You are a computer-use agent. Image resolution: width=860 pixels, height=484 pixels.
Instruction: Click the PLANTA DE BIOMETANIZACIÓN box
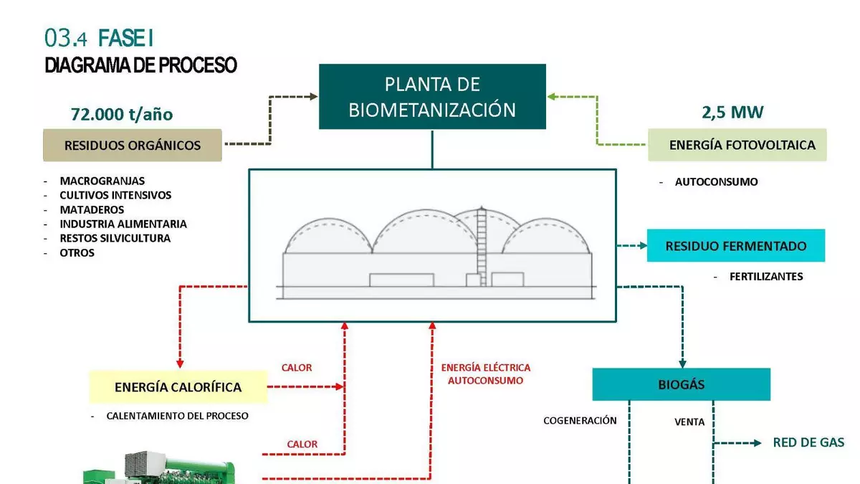click(x=432, y=97)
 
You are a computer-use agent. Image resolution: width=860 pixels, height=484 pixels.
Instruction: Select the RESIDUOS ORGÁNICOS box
click(x=133, y=146)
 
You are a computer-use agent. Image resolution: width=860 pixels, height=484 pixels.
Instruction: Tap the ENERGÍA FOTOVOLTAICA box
click(x=737, y=145)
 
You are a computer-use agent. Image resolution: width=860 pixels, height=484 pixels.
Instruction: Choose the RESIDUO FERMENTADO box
click(x=736, y=246)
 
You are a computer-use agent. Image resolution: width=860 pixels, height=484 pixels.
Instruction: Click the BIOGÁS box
click(x=681, y=384)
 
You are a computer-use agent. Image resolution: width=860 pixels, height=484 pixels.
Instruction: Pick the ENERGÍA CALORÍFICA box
click(x=178, y=387)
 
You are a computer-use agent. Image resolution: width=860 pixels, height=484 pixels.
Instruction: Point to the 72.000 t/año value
click(x=122, y=114)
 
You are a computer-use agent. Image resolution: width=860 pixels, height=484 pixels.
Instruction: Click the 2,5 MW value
click(x=732, y=112)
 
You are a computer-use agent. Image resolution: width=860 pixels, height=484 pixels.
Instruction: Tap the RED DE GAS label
click(x=808, y=442)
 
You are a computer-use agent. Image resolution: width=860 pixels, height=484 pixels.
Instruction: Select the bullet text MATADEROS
click(x=92, y=209)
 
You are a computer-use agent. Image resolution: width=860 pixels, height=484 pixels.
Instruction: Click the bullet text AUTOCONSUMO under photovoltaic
click(x=716, y=182)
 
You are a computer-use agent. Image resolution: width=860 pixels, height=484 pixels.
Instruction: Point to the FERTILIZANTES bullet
click(x=766, y=276)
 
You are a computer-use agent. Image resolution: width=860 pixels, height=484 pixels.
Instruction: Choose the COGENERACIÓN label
click(x=580, y=420)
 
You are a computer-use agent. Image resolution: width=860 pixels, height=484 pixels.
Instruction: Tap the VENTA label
click(x=689, y=422)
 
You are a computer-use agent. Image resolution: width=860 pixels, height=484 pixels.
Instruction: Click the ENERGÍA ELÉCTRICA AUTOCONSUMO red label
click(x=486, y=374)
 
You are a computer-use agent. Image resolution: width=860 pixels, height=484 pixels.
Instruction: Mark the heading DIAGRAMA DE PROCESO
click(x=140, y=65)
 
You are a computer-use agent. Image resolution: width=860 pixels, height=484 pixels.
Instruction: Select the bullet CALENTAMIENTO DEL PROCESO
click(x=177, y=416)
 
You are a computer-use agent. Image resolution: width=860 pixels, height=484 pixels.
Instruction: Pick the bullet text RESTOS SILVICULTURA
click(x=115, y=238)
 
